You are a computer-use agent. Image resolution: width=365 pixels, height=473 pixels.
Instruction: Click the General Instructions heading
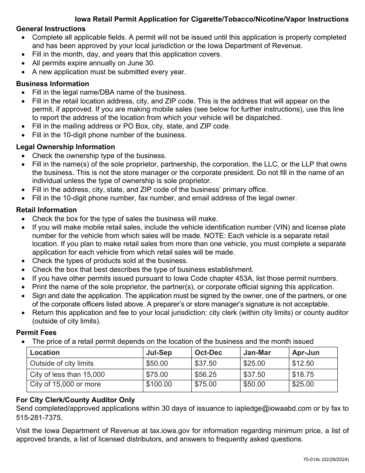[51, 29]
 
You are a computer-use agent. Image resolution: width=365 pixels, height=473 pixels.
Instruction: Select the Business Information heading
[52, 84]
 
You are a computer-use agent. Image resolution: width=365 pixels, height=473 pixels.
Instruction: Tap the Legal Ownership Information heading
[65, 147]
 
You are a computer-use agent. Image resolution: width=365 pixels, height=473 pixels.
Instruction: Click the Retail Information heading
[46, 210]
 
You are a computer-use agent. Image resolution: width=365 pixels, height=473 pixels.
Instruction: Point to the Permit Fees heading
[36, 332]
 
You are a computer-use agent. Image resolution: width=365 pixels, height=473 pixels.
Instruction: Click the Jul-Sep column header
[159, 353]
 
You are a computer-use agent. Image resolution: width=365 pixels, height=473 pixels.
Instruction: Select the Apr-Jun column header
[305, 353]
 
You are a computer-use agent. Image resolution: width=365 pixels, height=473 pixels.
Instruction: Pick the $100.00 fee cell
[159, 384]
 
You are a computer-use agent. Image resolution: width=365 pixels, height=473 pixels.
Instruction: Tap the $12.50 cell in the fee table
[303, 363]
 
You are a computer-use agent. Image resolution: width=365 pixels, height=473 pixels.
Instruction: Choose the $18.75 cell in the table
[303, 374]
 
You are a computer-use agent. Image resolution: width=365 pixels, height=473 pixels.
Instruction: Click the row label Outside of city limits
[62, 363]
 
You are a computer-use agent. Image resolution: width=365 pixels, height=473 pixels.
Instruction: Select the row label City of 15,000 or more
[65, 384]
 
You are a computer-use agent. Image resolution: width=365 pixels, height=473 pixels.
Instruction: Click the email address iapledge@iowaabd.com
[273, 408]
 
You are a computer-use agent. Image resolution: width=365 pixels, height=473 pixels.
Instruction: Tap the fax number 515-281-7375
[38, 418]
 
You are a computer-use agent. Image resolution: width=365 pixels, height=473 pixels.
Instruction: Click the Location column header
[45, 353]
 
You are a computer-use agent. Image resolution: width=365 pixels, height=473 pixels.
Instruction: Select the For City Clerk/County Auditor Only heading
[75, 400]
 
